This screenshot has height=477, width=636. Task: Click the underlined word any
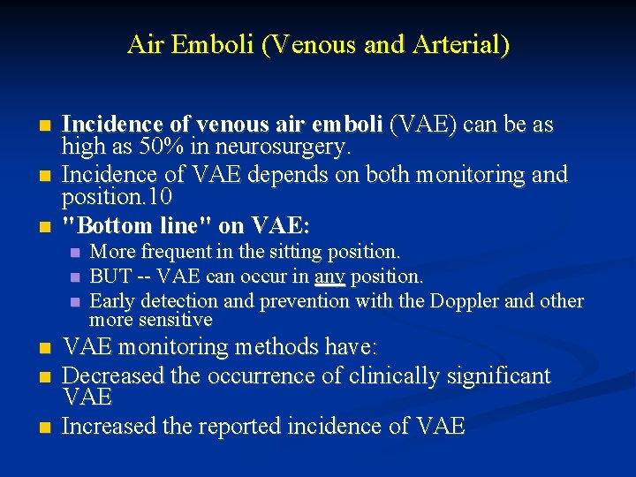tap(329, 277)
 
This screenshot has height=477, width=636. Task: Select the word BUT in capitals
tap(109, 277)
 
